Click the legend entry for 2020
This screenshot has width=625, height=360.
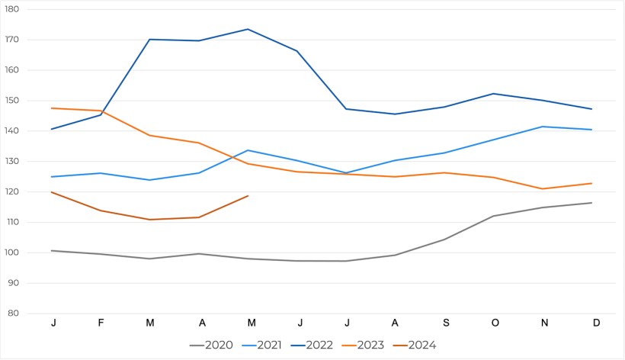(x=212, y=346)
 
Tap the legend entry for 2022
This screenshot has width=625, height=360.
(x=312, y=346)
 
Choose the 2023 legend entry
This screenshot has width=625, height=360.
(x=363, y=346)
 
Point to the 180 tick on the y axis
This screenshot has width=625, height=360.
(x=13, y=9)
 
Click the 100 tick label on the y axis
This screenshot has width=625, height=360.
(x=13, y=252)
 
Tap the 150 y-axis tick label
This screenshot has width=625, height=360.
(x=13, y=101)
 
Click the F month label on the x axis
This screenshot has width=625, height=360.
(x=101, y=323)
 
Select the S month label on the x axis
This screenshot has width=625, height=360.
(x=444, y=323)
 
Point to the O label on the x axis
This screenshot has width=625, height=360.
(x=495, y=323)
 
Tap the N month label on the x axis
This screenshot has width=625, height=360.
(x=544, y=323)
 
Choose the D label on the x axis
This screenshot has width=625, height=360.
(x=596, y=323)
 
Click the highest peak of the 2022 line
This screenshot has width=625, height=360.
(x=248, y=29)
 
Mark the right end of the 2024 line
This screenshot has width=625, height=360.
(x=248, y=196)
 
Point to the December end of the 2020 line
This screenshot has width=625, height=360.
(x=591, y=203)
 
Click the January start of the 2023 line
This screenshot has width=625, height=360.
(x=52, y=108)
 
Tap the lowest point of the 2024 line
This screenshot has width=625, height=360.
(x=149, y=220)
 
